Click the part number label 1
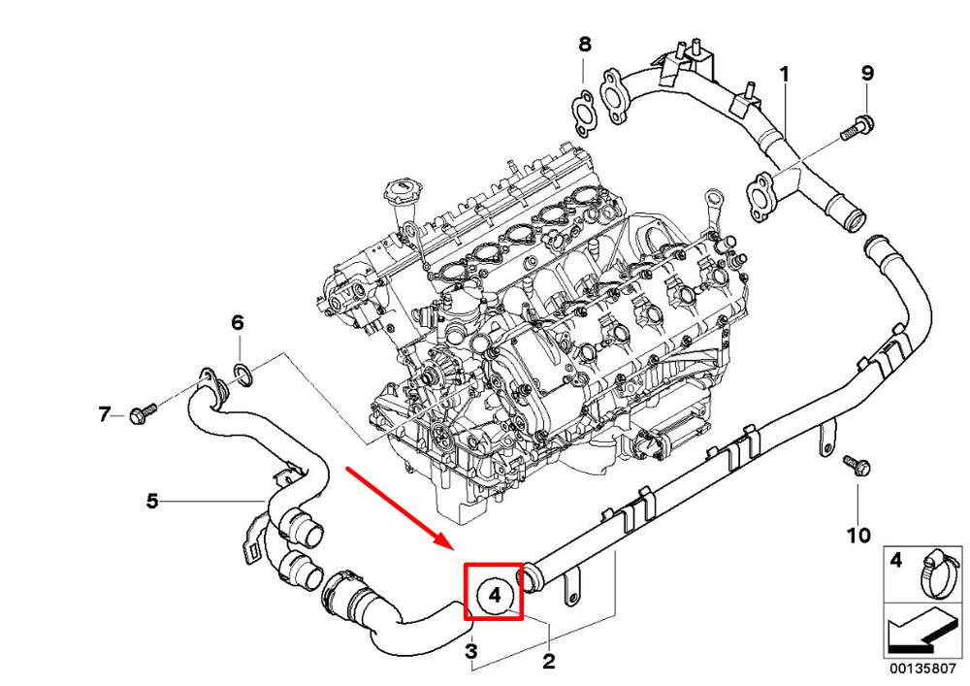[785, 75]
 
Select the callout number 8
[585, 44]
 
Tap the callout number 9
[867, 73]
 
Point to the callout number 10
[858, 535]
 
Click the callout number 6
[238, 322]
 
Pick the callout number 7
[104, 413]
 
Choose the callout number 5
[152, 501]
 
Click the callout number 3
[470, 651]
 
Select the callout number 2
[548, 661]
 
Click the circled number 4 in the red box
[494, 595]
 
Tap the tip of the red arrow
[455, 548]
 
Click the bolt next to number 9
[857, 127]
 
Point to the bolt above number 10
[857, 465]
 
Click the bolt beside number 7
[143, 412]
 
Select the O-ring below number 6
[243, 376]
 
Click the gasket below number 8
[582, 112]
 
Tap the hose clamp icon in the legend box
[937, 574]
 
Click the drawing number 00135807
[923, 669]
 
